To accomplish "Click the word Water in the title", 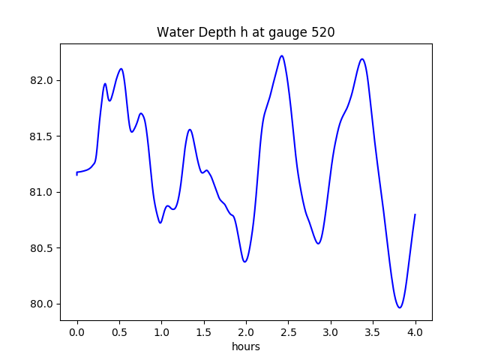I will click(x=175, y=33).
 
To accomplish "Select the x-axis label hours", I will click(x=246, y=347).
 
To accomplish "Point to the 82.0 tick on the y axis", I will click(x=42, y=80).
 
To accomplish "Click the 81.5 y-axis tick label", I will click(x=42, y=136).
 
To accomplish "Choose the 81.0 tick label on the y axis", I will click(x=42, y=192).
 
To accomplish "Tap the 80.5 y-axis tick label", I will click(x=42, y=248).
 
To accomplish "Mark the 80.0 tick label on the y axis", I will click(x=42, y=304).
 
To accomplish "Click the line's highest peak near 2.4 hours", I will click(x=282, y=55).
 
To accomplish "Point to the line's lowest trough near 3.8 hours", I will click(x=400, y=307).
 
